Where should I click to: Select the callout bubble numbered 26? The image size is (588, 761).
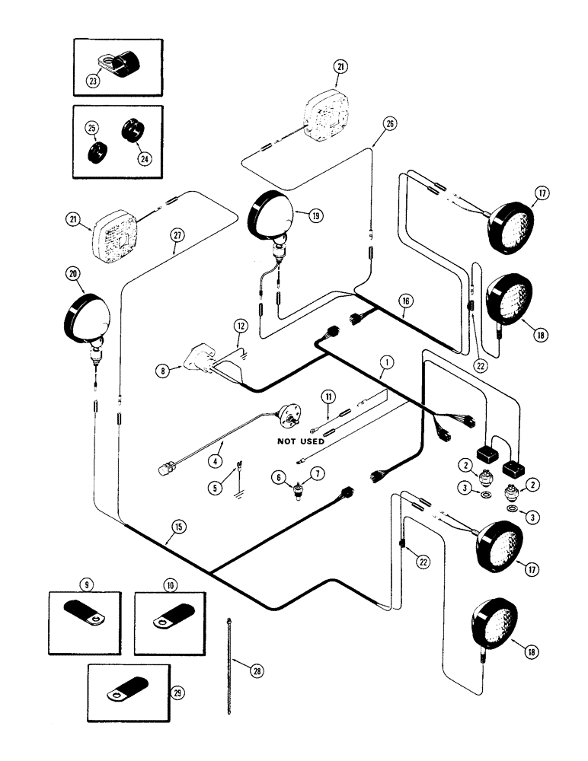[391, 126]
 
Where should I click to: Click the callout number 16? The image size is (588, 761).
[405, 302]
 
